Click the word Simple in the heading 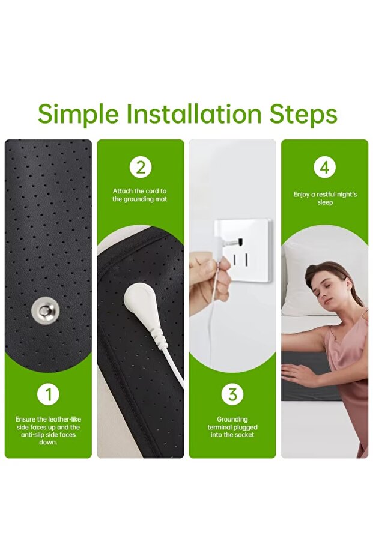(x=78, y=115)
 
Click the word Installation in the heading (x=195, y=114)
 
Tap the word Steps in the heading (x=303, y=115)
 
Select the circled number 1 (x=48, y=394)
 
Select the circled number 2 (x=141, y=167)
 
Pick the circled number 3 (x=232, y=394)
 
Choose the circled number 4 (x=324, y=167)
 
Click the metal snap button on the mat (x=45, y=310)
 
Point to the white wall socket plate (x=243, y=251)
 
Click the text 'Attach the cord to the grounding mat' (x=140, y=195)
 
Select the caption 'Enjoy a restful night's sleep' (x=325, y=198)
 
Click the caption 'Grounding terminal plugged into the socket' (x=232, y=427)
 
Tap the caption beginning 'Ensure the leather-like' (x=48, y=431)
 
